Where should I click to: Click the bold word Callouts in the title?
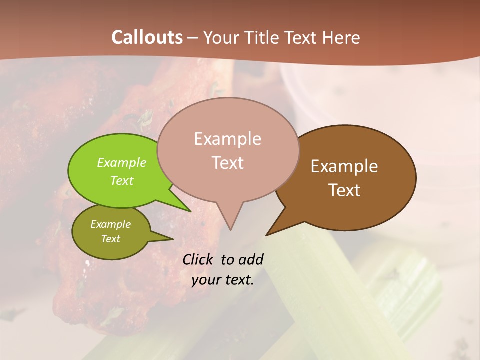click(x=147, y=37)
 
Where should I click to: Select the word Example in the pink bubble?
click(x=227, y=139)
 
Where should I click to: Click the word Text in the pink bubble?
click(x=227, y=163)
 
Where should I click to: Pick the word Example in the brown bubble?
click(x=344, y=166)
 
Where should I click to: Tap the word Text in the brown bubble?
click(x=344, y=190)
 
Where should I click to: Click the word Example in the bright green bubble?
click(x=121, y=163)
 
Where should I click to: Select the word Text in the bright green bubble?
click(x=121, y=180)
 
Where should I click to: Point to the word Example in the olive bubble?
click(x=110, y=224)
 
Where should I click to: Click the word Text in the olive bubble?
click(x=110, y=239)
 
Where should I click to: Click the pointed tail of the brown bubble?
click(x=272, y=231)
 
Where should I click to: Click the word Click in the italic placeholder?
click(x=199, y=259)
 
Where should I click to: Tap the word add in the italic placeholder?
click(x=250, y=259)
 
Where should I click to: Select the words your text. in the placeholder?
click(x=223, y=280)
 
